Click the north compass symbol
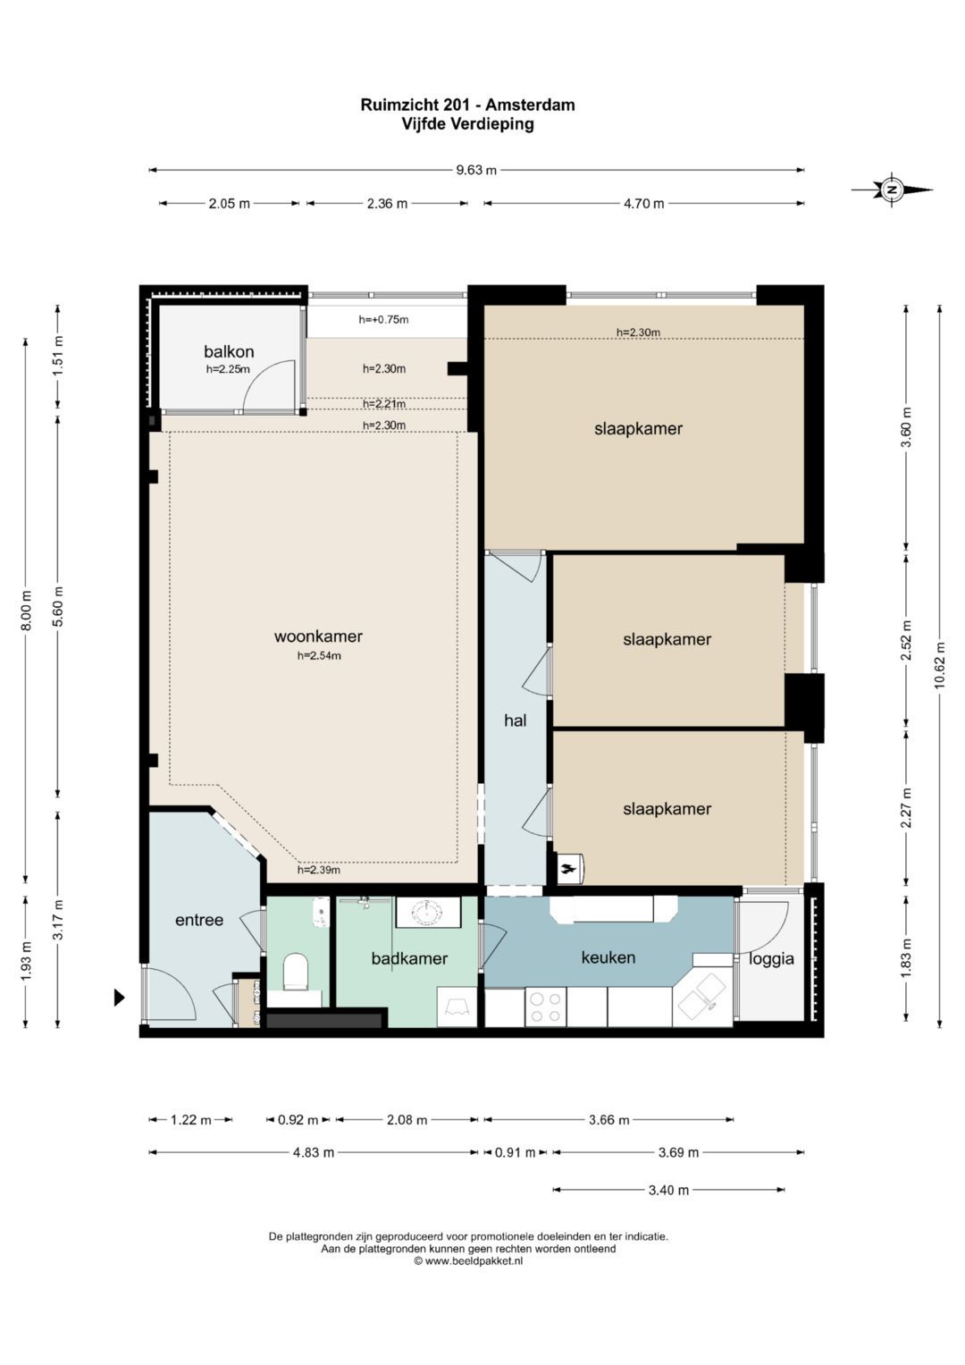coord(892,190)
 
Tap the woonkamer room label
coord(318,636)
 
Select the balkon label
coord(229,351)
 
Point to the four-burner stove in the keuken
coord(545,1007)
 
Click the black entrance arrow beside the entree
coord(120,998)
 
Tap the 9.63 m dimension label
coord(476,170)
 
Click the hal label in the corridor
coord(515,720)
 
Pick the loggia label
coord(771,959)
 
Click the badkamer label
coord(409,958)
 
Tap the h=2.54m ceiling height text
coord(319,656)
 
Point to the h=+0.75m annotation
coord(384,319)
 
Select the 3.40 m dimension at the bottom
coord(668,1190)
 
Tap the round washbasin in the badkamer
coord(426,912)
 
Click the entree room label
coord(199,920)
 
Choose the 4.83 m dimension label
coord(313,1152)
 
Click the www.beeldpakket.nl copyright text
coord(468,1261)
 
